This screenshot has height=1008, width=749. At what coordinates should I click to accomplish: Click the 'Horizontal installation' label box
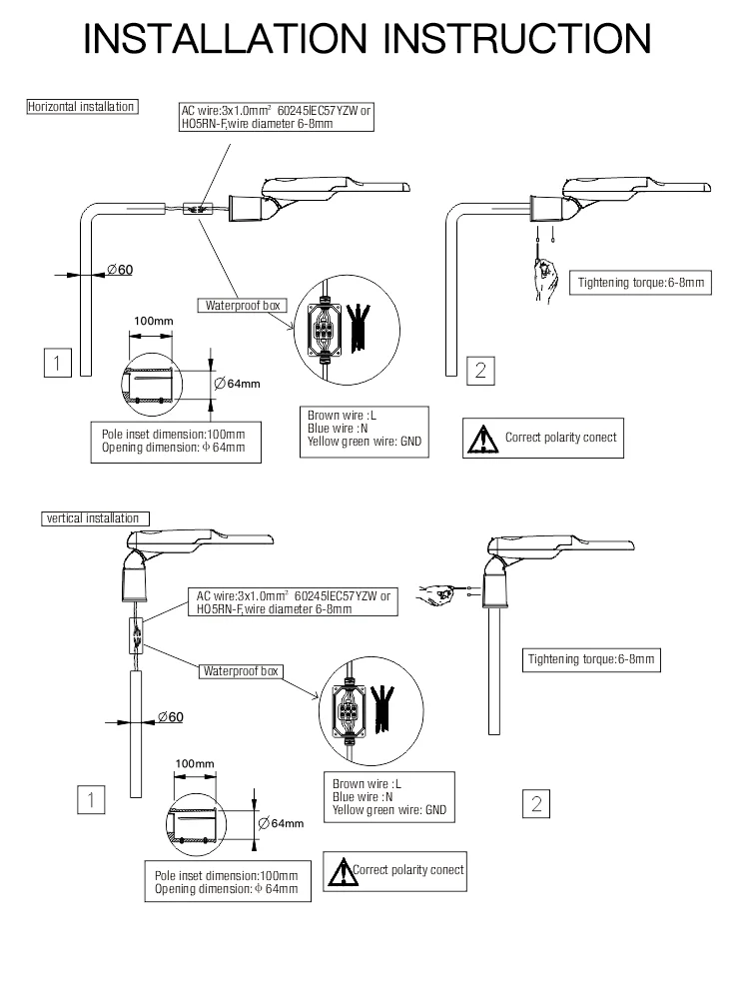pyautogui.click(x=82, y=106)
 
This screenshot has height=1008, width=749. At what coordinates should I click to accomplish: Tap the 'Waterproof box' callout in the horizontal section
pyautogui.click(x=244, y=306)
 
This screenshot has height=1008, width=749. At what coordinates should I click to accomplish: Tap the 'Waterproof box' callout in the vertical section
pyautogui.click(x=242, y=671)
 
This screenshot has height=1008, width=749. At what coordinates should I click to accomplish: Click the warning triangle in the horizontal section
pyautogui.click(x=484, y=438)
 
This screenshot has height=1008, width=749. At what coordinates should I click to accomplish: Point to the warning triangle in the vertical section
pyautogui.click(x=342, y=871)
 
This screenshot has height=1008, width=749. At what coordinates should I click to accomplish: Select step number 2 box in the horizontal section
pyautogui.click(x=480, y=370)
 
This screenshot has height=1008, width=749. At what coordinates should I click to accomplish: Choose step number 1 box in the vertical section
pyautogui.click(x=91, y=799)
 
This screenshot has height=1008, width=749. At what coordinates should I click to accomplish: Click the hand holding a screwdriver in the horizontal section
pyautogui.click(x=544, y=275)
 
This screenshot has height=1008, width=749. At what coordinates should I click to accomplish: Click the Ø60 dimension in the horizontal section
pyautogui.click(x=120, y=271)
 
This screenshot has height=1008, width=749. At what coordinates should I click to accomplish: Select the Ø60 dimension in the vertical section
pyautogui.click(x=170, y=717)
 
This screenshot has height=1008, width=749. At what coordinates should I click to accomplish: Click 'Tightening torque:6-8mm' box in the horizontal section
pyautogui.click(x=641, y=283)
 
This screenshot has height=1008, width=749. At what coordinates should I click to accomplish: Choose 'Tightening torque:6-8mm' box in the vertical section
pyautogui.click(x=593, y=658)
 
